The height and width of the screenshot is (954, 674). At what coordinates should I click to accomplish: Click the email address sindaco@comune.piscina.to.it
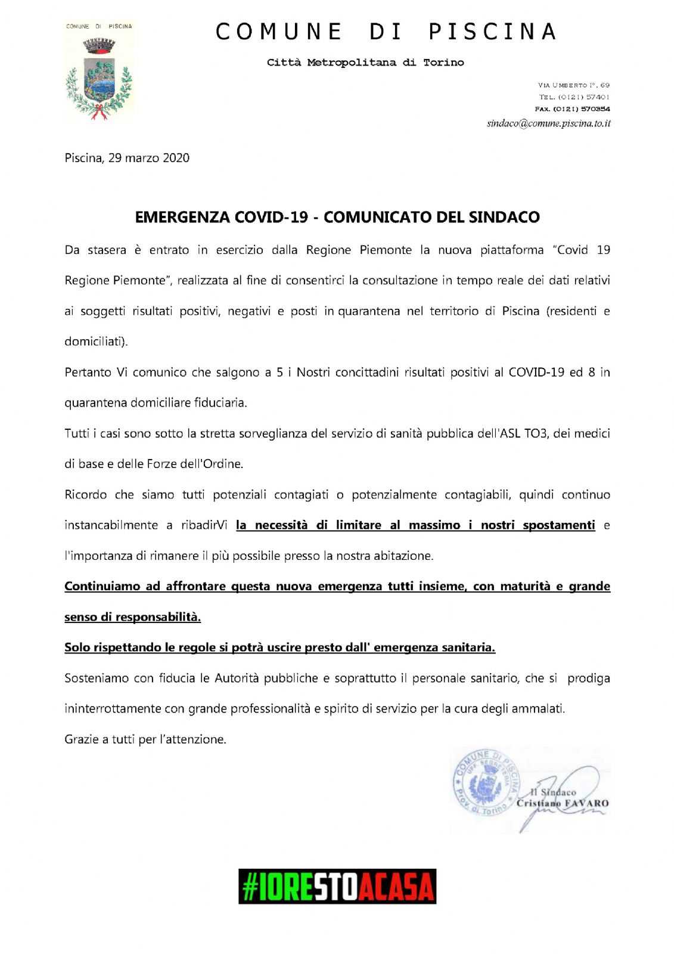pyautogui.click(x=548, y=123)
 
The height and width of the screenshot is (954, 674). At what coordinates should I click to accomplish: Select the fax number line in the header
pyautogui.click(x=572, y=109)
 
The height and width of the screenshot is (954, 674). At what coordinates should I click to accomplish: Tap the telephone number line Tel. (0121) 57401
pyautogui.click(x=574, y=97)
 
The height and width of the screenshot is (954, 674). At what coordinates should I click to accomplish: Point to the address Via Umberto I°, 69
pyautogui.click(x=573, y=85)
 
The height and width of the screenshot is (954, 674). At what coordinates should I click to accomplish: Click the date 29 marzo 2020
pyautogui.click(x=148, y=158)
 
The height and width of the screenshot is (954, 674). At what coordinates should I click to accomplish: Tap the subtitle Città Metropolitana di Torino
pyautogui.click(x=365, y=63)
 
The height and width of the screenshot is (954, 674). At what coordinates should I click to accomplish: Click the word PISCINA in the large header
pyautogui.click(x=493, y=32)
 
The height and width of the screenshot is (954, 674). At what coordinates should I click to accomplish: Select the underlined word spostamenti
pyautogui.click(x=558, y=525)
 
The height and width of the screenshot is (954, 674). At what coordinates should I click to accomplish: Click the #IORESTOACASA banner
pyautogui.click(x=337, y=886)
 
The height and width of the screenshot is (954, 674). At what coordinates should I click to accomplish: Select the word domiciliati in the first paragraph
pyautogui.click(x=95, y=342)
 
